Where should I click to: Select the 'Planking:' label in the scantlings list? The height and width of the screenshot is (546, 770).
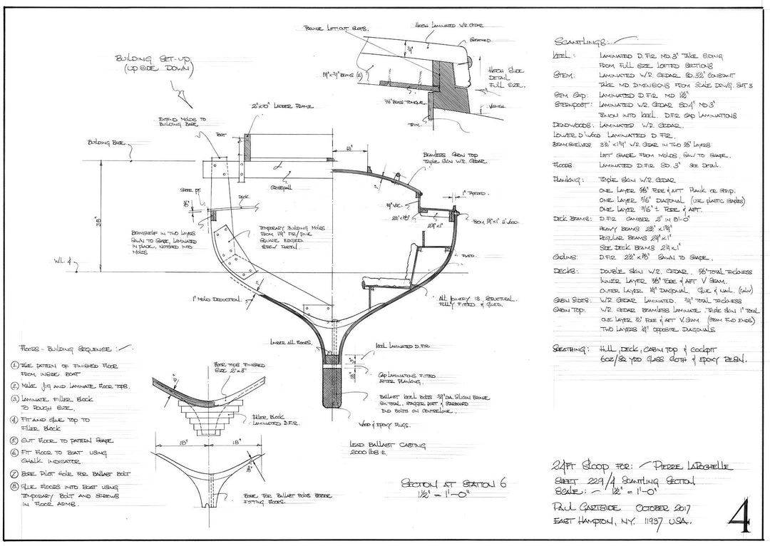pos(568,180)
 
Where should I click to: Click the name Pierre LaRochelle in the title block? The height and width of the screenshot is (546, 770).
pos(684,467)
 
